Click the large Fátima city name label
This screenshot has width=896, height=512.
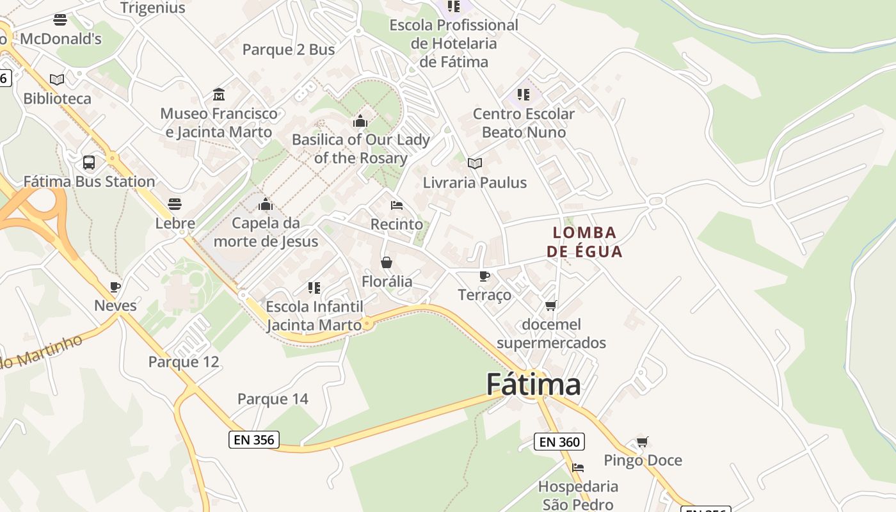533,385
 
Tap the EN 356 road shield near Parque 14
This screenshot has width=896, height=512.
254,440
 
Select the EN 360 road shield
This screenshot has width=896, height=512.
559,442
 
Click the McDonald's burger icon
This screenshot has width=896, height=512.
60,20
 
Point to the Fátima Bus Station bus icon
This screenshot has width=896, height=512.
89,163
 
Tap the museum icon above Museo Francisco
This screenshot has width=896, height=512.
219,95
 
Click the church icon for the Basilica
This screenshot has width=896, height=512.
360,120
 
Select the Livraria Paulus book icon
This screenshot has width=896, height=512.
474,164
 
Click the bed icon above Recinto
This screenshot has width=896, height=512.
397,205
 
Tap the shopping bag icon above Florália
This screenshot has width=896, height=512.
387,262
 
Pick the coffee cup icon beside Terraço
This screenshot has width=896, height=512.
484,276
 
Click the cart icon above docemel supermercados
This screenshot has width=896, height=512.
551,306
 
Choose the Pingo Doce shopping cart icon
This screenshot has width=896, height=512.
643,442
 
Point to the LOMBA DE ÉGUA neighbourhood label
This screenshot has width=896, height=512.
584,242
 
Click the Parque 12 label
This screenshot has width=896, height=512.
184,362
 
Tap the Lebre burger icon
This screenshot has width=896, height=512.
175,204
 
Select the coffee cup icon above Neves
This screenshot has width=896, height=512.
115,287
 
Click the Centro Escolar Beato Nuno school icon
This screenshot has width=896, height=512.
524,95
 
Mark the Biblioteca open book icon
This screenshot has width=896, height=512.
57,79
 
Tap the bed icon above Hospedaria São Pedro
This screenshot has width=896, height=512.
578,468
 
